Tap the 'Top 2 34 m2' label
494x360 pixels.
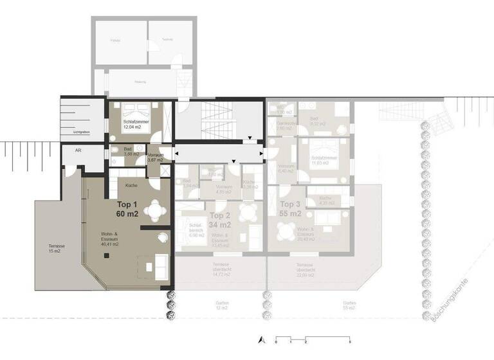click(221, 221)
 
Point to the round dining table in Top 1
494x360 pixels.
click(154, 210)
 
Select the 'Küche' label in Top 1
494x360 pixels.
click(131, 185)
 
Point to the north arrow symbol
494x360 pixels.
click(261, 339)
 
